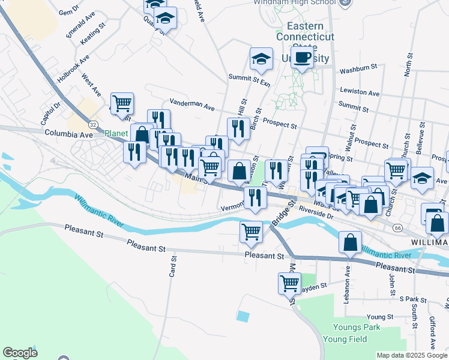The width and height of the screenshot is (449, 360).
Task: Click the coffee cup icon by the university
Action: (x=303, y=58)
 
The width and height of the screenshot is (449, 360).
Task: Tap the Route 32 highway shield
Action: (x=92, y=124)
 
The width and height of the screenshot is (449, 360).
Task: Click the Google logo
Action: (x=20, y=353)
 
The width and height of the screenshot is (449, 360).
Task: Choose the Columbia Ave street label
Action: (x=68, y=133)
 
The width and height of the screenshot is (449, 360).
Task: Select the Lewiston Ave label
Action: (x=360, y=93)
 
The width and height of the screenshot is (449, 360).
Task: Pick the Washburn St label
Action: (x=358, y=70)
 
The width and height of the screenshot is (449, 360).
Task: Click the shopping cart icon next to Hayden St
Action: (x=289, y=282)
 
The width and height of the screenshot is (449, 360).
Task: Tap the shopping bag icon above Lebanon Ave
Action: (x=350, y=242)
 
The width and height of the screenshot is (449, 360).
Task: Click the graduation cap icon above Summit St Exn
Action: (x=261, y=58)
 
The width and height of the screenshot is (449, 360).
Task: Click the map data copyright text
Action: (x=412, y=355)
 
